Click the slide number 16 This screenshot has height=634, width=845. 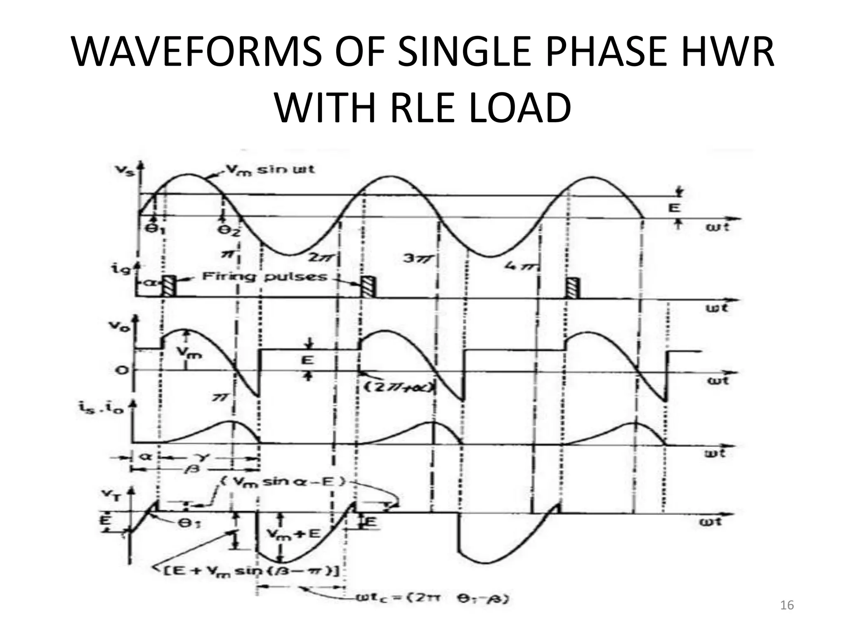[787, 606]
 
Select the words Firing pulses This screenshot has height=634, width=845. [264, 276]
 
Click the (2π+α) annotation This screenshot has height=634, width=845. [398, 387]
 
